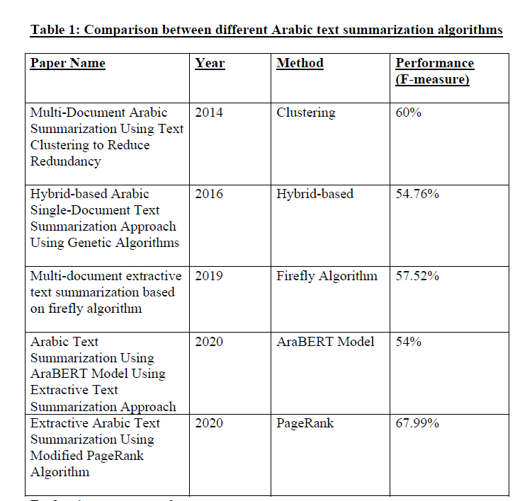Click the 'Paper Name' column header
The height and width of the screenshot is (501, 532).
tap(67, 63)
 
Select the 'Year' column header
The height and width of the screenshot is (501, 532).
tap(210, 63)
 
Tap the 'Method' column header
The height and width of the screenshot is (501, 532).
tap(300, 63)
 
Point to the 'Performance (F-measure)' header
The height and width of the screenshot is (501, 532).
tap(434, 71)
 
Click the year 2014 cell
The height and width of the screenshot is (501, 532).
tap(208, 113)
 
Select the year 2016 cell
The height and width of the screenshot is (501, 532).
tap(208, 194)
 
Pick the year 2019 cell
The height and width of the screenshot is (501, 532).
tap(208, 276)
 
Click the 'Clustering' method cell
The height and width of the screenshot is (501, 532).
tap(306, 113)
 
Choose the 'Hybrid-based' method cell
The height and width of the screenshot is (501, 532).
tap(315, 194)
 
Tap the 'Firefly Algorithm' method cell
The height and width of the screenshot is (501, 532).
tap(327, 276)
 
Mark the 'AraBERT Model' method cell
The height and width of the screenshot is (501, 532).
tap(325, 342)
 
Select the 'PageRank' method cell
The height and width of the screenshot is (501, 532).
tap(305, 423)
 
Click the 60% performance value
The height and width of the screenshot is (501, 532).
tap(409, 113)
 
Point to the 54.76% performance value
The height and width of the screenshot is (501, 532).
tap(417, 194)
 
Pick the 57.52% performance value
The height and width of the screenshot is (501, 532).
tap(417, 276)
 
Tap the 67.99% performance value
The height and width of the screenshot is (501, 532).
tap(417, 423)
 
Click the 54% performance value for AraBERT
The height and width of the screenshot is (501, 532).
tap(409, 342)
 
